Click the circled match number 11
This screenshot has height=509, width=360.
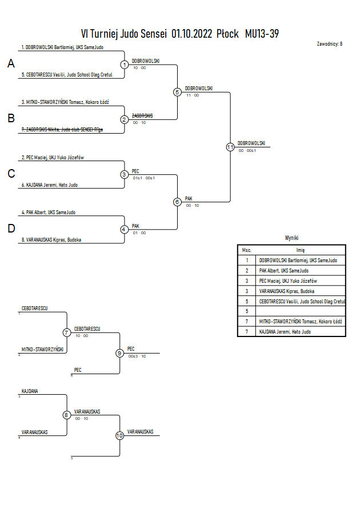(x=230, y=147)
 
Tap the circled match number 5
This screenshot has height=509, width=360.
(x=177, y=92)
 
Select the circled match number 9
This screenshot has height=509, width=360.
(x=120, y=353)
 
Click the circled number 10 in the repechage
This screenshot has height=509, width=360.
(x=120, y=435)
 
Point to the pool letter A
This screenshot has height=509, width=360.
(x=11, y=63)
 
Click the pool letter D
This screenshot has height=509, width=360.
(x=11, y=229)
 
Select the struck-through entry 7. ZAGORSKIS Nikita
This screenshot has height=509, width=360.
(x=62, y=130)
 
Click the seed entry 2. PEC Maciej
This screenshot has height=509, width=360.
(x=53, y=158)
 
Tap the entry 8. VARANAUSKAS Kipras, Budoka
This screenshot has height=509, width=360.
(x=51, y=240)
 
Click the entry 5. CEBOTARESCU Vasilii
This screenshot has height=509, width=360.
(x=67, y=75)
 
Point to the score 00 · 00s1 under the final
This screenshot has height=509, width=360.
(x=247, y=151)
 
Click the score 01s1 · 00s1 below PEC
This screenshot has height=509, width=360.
(x=144, y=178)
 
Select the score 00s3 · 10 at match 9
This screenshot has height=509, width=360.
(x=137, y=356)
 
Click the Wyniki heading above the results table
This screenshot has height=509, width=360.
(x=291, y=238)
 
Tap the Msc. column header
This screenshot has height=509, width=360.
(x=247, y=250)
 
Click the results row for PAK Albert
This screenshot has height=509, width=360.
(x=291, y=270)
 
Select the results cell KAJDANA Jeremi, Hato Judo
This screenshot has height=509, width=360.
(x=285, y=332)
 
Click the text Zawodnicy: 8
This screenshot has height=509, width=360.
(x=330, y=44)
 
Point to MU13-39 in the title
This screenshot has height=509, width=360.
(x=262, y=34)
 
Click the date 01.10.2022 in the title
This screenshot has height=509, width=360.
(x=192, y=34)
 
